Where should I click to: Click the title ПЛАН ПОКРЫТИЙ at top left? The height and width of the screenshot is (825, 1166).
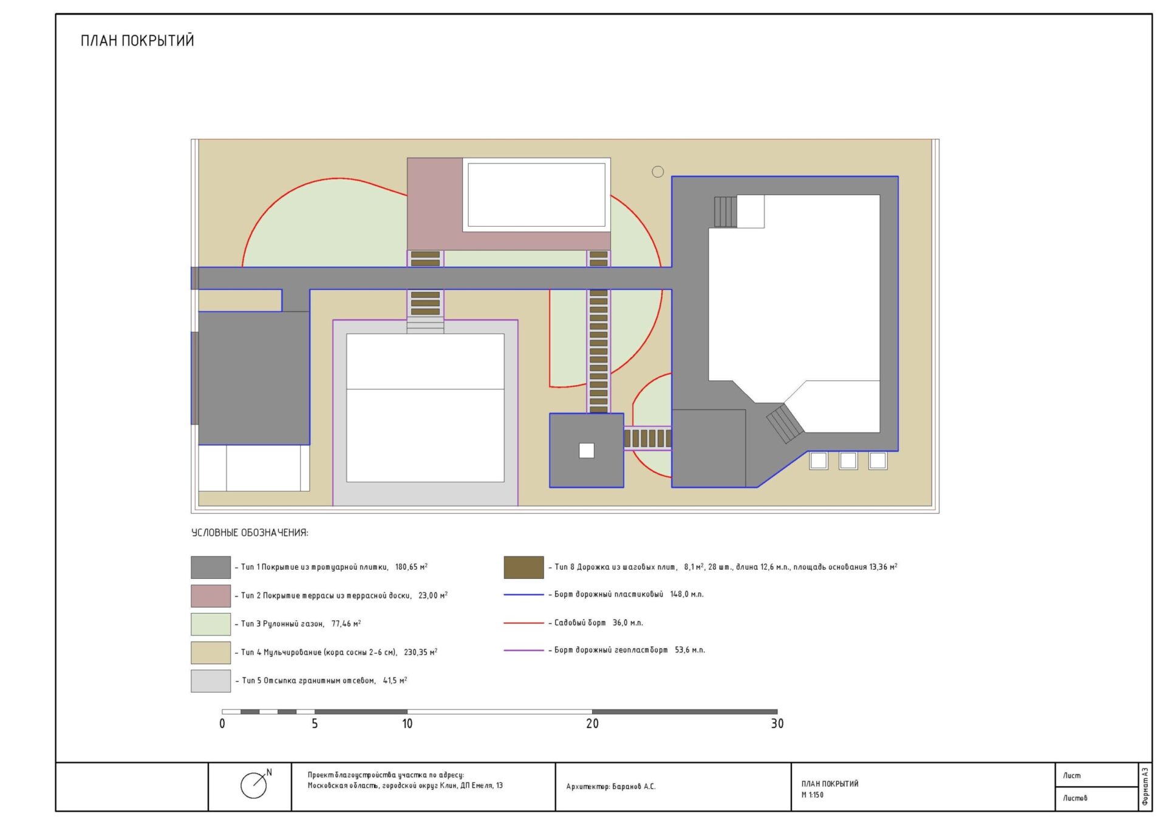click(x=137, y=41)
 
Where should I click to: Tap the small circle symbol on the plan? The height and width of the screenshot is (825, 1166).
click(x=658, y=172)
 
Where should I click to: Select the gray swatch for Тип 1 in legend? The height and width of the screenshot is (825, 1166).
click(x=211, y=567)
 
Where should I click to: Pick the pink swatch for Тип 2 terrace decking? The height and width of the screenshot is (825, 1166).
click(x=211, y=596)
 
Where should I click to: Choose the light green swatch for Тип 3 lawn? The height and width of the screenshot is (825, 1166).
click(x=211, y=624)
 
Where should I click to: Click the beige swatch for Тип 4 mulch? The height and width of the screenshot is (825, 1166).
click(x=211, y=652)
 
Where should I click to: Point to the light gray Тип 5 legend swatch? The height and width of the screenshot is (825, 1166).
click(x=211, y=681)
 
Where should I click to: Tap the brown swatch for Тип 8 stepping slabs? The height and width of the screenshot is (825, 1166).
click(x=523, y=567)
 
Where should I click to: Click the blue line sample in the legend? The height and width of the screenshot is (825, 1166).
click(x=523, y=595)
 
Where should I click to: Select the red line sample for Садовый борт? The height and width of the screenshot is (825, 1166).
click(x=523, y=623)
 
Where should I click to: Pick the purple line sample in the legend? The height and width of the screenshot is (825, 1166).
click(x=523, y=650)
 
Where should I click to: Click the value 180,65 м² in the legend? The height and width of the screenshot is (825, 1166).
click(x=411, y=567)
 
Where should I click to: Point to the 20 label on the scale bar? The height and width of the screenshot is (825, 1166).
click(x=592, y=724)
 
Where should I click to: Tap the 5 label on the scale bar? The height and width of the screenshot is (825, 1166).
click(x=315, y=724)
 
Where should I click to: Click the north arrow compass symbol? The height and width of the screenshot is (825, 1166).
click(x=255, y=784)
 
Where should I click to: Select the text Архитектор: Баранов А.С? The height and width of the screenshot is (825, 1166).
click(x=611, y=787)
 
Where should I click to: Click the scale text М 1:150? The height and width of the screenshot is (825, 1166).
click(x=813, y=795)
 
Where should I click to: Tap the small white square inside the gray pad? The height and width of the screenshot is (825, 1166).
click(x=587, y=451)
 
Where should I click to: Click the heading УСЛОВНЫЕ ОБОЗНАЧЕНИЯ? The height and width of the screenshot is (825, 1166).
click(x=250, y=533)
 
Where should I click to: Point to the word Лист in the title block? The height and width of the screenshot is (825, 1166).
click(x=1072, y=775)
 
